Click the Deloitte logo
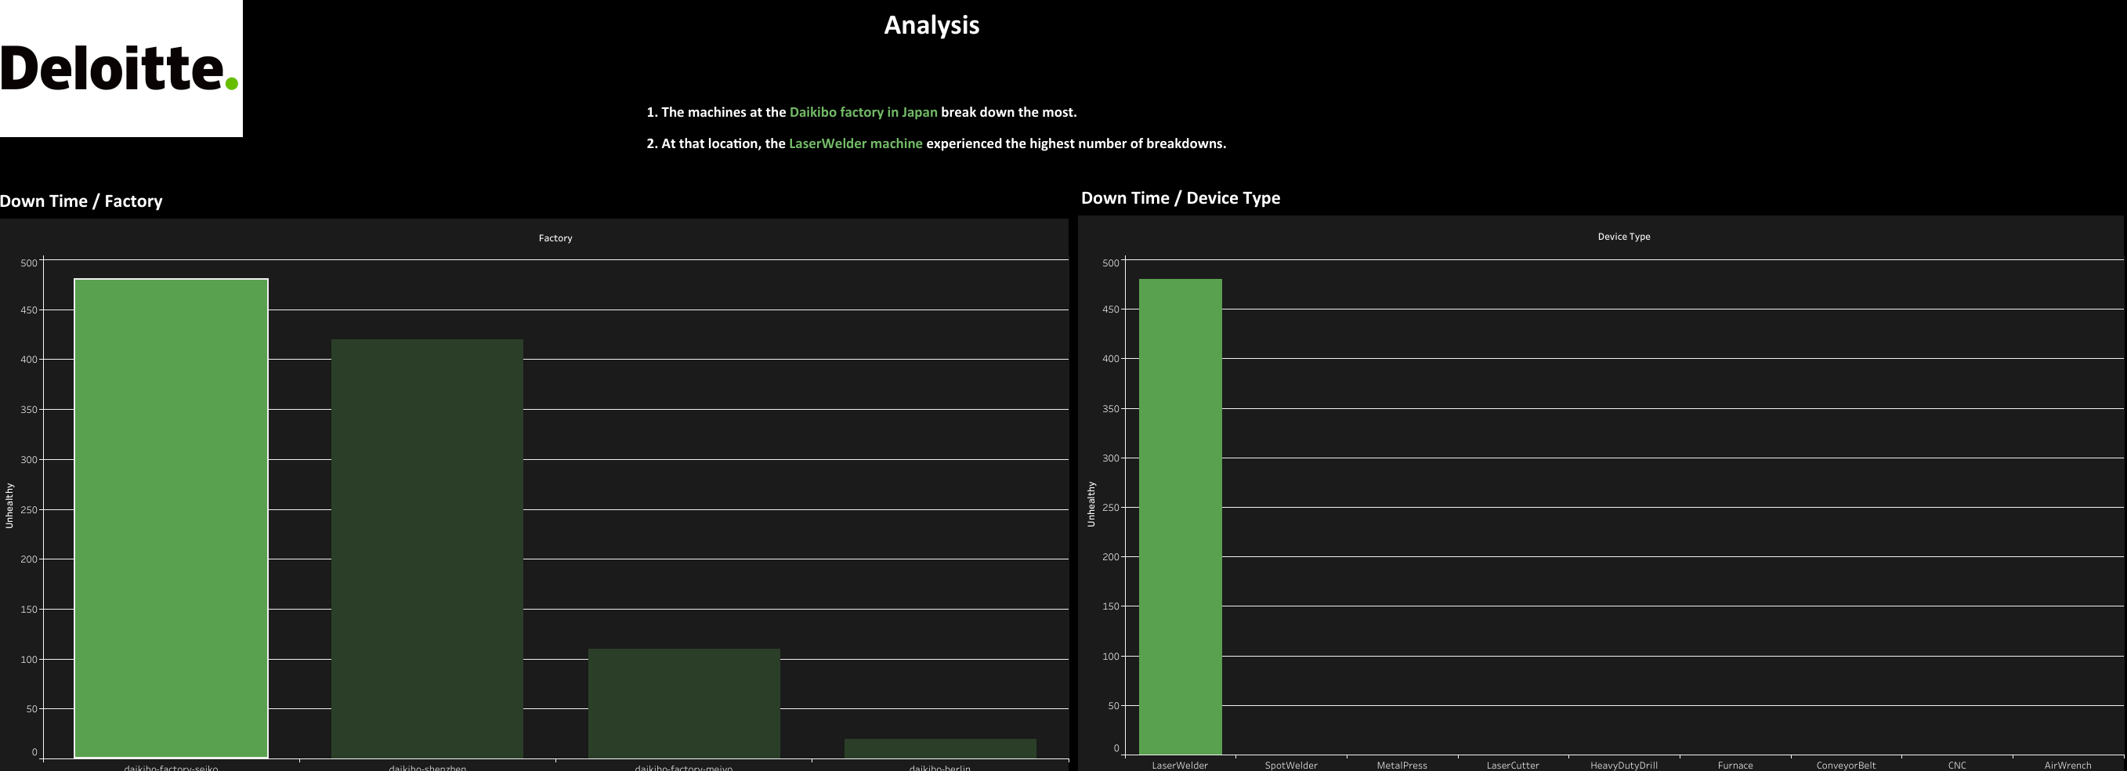121,67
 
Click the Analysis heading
931,25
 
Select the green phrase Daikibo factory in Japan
863,112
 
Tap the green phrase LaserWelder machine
856,143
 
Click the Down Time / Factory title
81,201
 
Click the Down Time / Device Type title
1180,198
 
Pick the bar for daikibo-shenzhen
427,548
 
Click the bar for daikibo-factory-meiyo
684,703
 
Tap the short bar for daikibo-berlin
939,748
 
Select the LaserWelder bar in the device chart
1180,516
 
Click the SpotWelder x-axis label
1290,766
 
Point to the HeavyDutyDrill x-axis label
1623,766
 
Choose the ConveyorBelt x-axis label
1846,766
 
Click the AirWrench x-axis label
2067,766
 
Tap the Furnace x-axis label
1735,766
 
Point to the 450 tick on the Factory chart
29,310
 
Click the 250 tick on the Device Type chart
1111,508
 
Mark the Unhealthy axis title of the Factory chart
9,505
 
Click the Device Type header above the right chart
1623,237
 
